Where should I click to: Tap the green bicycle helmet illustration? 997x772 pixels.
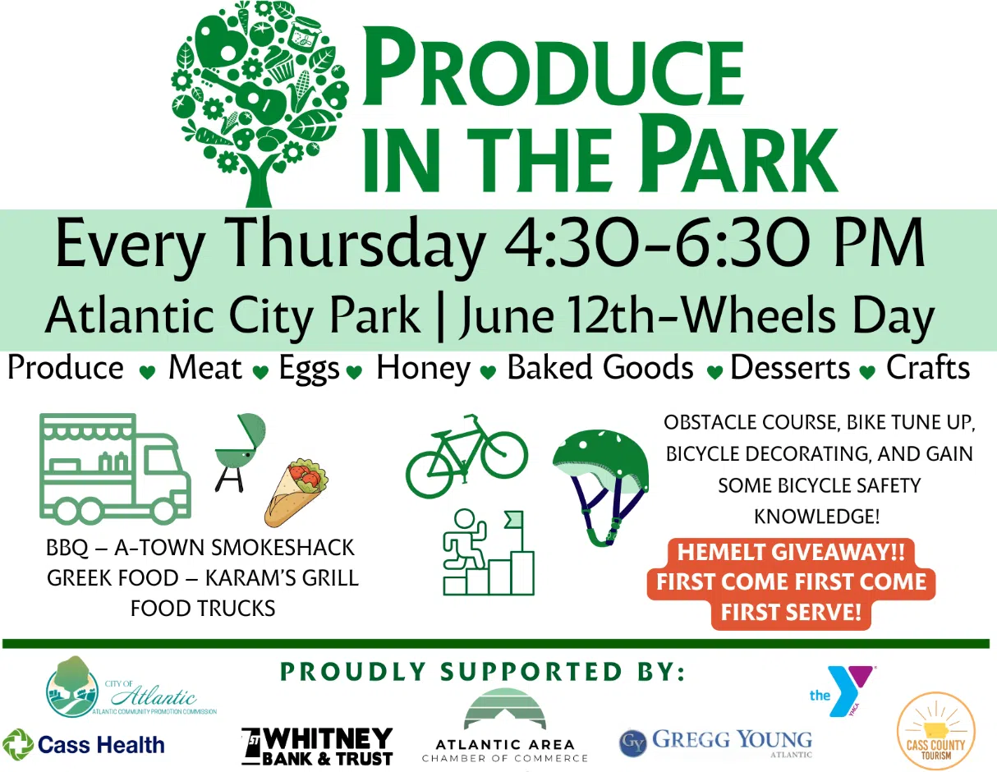point(600,487)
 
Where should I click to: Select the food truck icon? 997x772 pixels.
point(115,469)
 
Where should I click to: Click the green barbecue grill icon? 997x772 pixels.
point(240,453)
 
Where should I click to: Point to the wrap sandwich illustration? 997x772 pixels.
point(296,492)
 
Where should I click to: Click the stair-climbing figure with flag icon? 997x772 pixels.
point(489,553)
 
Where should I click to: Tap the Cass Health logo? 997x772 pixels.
point(83,745)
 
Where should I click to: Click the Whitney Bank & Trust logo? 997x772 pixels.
point(317,747)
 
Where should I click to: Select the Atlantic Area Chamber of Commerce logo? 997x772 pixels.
point(505,726)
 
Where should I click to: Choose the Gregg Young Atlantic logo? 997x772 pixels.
point(716,743)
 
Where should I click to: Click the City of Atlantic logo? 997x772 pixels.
point(131,687)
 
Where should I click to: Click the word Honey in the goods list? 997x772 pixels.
point(423,369)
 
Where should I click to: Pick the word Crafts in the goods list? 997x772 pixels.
point(928,367)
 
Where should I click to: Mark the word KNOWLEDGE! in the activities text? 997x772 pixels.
point(817,517)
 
